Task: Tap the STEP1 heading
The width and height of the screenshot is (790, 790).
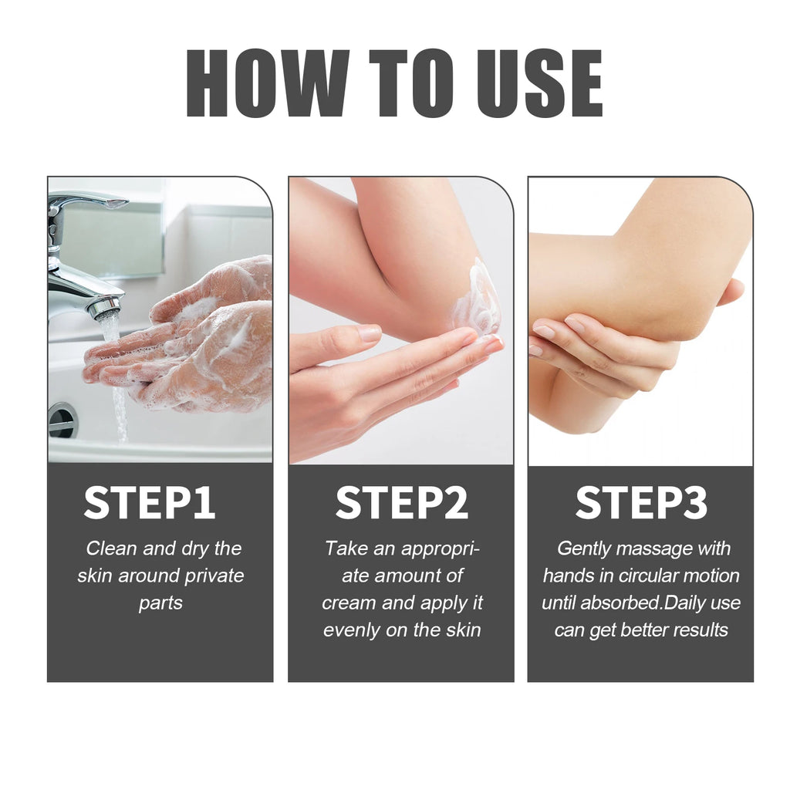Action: (x=150, y=502)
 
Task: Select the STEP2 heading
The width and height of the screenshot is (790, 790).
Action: (x=401, y=502)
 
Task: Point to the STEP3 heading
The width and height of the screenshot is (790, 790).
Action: (x=641, y=502)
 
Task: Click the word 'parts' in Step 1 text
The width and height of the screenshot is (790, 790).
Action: (x=160, y=603)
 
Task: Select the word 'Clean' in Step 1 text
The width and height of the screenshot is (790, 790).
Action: (x=113, y=549)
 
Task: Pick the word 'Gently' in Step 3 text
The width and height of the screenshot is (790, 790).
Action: (x=583, y=549)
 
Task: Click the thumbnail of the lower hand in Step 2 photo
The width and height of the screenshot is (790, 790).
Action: (x=370, y=333)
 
